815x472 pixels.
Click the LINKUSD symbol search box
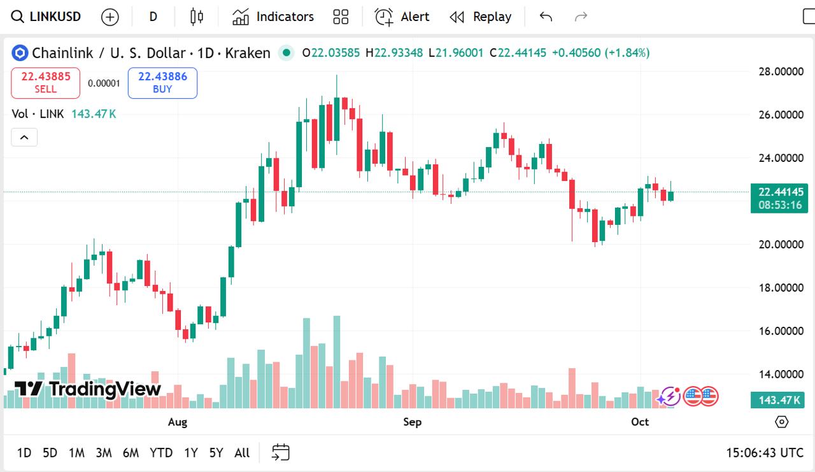[47, 17]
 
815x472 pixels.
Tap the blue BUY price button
[162, 83]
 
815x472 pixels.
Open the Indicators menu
[273, 17]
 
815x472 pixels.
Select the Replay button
[481, 17]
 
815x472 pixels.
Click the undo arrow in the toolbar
[546, 17]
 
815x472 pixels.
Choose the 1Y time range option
[190, 453]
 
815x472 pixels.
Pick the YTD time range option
[161, 453]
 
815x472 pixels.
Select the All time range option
[242, 453]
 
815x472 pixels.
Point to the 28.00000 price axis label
[781, 71]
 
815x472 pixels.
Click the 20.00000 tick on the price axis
[781, 245]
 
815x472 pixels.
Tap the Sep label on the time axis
[413, 422]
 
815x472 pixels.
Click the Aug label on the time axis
[178, 422]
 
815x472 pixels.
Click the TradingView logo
[88, 389]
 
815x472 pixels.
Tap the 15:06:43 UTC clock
[765, 453]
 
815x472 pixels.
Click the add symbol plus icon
[110, 17]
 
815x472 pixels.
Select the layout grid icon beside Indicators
[341, 17]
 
